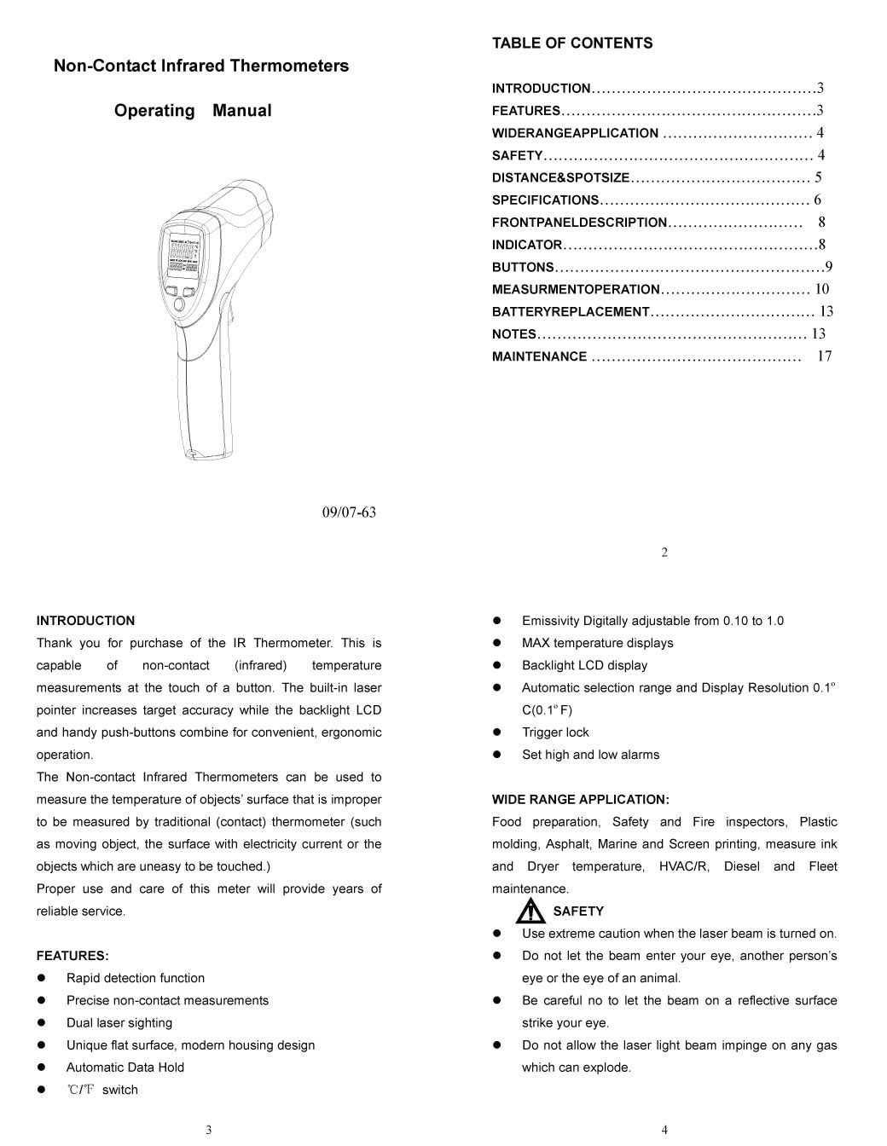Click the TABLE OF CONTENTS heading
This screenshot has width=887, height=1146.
572,43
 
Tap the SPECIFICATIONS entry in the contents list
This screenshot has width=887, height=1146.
546,200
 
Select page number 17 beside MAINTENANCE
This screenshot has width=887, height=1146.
824,356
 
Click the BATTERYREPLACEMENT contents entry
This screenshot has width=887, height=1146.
571,312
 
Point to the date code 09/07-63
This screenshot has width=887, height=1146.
349,512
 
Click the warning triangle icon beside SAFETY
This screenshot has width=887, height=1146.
530,912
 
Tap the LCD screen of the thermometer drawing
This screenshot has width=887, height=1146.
183,254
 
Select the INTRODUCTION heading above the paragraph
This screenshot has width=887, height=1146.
85,621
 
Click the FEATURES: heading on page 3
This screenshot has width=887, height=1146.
72,956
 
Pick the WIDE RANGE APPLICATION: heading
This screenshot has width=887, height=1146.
581,800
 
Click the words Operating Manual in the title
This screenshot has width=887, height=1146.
193,111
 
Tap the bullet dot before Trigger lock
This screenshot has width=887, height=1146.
497,732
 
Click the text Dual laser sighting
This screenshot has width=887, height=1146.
119,1023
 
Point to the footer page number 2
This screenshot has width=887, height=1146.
664,553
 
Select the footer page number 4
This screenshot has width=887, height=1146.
664,1131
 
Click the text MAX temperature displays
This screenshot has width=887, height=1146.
598,643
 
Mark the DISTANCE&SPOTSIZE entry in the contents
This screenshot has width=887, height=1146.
560,178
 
